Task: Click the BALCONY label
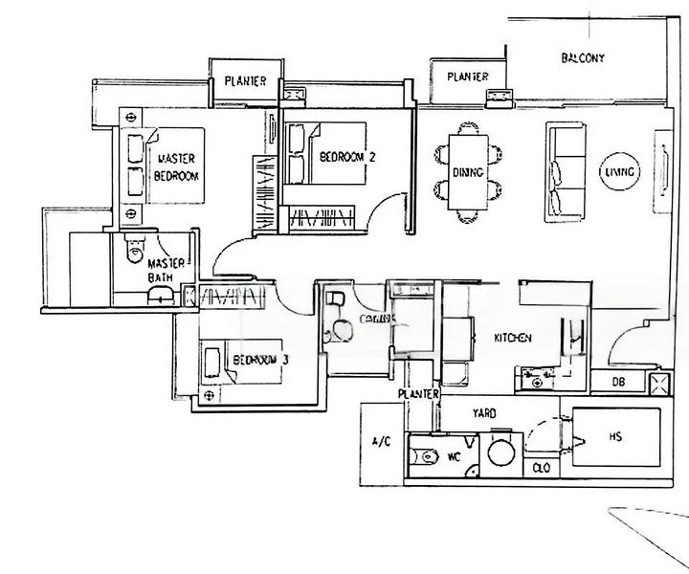click(583, 58)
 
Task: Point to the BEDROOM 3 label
click(261, 360)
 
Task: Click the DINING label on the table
click(469, 172)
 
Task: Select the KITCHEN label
click(512, 339)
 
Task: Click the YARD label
click(483, 414)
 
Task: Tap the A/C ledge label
click(380, 441)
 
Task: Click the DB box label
click(622, 383)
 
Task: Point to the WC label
click(456, 457)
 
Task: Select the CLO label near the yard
click(541, 469)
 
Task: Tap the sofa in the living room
click(566, 171)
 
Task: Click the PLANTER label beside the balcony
click(467, 77)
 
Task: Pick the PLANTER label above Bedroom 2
click(246, 82)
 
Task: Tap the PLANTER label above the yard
click(419, 394)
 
